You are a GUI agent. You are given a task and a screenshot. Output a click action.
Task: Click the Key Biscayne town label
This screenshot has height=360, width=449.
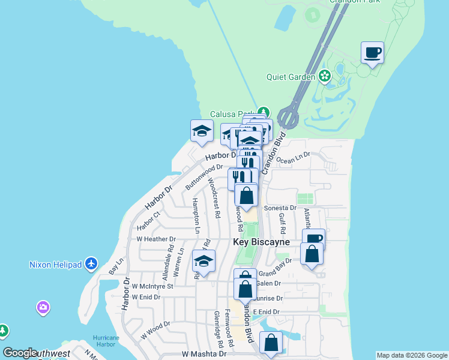point(261,242)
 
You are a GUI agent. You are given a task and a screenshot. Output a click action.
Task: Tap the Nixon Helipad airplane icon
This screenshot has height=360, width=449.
point(91,263)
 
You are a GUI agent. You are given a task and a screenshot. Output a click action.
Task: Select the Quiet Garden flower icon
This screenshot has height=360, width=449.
point(325,76)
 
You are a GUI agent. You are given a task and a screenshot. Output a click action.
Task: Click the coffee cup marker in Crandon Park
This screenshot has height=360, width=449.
point(372,52)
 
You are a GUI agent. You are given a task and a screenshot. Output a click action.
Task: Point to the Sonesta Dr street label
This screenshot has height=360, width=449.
point(280,208)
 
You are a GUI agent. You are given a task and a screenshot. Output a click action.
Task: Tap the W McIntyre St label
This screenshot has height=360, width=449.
point(152,286)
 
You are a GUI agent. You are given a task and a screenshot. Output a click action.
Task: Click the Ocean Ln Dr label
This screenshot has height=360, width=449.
point(294,158)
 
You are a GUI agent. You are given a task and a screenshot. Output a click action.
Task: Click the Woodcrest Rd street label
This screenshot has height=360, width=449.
point(214,197)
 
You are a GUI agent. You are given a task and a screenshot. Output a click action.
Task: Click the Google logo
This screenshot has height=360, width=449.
point(19,353)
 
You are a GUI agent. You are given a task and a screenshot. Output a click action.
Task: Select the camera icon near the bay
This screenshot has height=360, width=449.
point(43,308)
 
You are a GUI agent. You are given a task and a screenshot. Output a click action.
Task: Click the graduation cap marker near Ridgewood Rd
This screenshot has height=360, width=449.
point(203,262)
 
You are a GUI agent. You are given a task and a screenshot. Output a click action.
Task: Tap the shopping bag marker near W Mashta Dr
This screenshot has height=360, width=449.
point(271,343)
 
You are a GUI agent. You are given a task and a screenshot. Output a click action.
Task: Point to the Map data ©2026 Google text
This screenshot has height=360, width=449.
point(412,355)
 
